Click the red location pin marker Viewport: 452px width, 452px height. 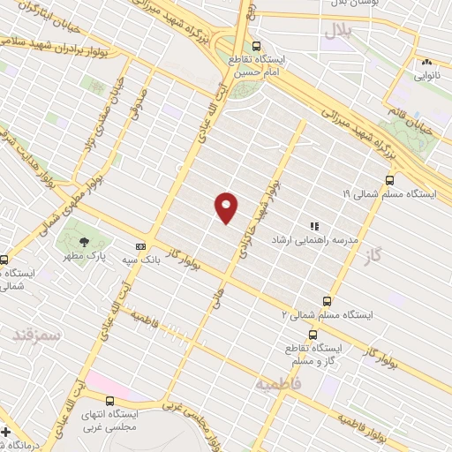tap(227, 207)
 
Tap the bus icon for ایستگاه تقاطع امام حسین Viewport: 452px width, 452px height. tap(256, 47)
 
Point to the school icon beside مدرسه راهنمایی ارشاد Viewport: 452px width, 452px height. tap(314, 227)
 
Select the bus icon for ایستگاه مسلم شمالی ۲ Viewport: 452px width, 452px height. tap(327, 302)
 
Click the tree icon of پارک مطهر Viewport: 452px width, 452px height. tap(83, 241)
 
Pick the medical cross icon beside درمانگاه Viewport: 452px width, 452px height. tap(7, 433)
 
